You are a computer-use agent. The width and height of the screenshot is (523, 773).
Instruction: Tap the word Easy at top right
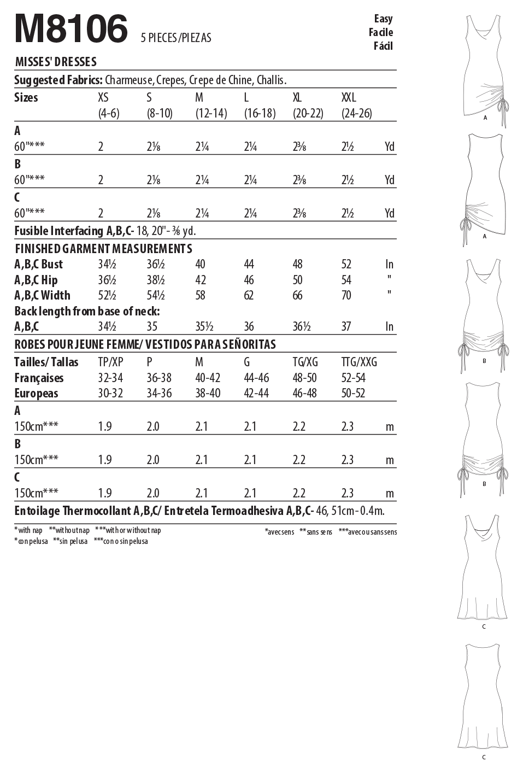[383, 19]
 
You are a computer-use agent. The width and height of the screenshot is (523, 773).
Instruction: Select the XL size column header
[297, 98]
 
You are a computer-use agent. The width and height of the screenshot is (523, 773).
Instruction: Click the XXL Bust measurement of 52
[346, 265]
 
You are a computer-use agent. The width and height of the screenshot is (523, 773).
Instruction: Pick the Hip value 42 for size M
[201, 280]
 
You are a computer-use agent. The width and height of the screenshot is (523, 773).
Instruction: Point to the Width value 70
[346, 296]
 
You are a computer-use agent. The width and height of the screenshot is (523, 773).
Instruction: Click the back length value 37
[346, 327]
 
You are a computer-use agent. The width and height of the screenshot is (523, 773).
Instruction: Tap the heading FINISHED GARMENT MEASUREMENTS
[103, 249]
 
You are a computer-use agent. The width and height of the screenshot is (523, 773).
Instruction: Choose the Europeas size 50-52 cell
[353, 393]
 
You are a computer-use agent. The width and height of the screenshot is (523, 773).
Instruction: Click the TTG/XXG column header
[359, 362]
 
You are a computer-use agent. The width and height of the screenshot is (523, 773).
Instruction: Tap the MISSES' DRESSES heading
[56, 62]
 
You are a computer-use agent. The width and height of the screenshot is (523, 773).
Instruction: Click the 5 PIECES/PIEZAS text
[176, 38]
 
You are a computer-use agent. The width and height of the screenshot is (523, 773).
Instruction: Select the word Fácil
[383, 46]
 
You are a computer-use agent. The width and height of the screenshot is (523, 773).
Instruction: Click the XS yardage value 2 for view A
[101, 147]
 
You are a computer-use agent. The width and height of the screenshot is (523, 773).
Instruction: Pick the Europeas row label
[36, 393]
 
